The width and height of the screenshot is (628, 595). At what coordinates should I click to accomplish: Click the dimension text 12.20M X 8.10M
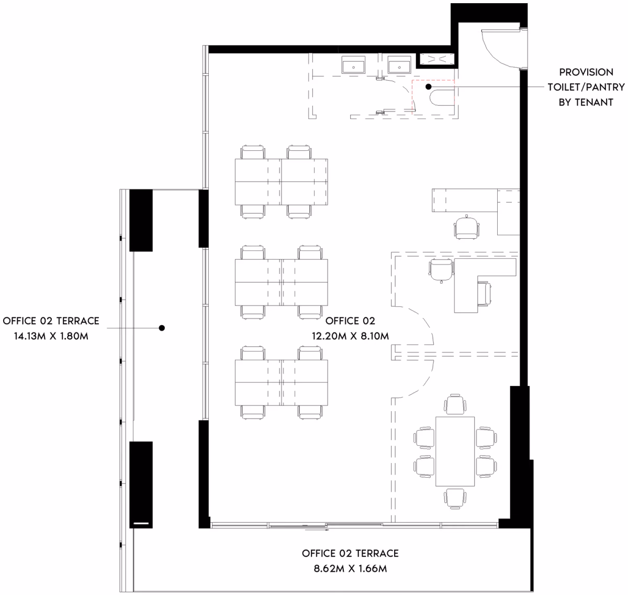(x=350, y=336)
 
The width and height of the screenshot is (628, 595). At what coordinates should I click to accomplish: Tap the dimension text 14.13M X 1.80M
(x=51, y=336)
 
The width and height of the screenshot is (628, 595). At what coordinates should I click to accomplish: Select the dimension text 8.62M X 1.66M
(x=350, y=568)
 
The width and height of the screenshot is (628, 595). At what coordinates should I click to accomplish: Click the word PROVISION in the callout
(x=586, y=72)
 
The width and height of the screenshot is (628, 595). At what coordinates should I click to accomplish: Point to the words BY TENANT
(x=586, y=102)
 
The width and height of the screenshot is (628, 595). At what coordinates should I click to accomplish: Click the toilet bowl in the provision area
(x=442, y=98)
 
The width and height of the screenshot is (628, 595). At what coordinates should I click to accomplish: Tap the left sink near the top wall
(x=353, y=65)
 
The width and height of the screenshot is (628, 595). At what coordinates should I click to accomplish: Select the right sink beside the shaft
(x=399, y=65)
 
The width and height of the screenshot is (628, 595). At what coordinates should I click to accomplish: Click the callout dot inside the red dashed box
(x=429, y=86)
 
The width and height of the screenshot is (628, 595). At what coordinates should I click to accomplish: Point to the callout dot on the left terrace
(x=162, y=328)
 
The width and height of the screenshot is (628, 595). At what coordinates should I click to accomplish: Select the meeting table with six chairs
(x=455, y=451)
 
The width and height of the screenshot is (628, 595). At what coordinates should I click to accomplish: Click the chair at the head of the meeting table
(x=455, y=405)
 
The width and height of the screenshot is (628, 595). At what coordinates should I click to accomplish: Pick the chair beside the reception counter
(x=467, y=227)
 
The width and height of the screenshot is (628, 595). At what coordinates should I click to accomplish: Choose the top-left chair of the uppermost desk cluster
(x=253, y=152)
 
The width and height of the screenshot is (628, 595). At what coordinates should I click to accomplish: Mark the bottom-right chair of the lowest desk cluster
(x=310, y=412)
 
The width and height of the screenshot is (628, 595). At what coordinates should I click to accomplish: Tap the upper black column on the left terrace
(x=141, y=221)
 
